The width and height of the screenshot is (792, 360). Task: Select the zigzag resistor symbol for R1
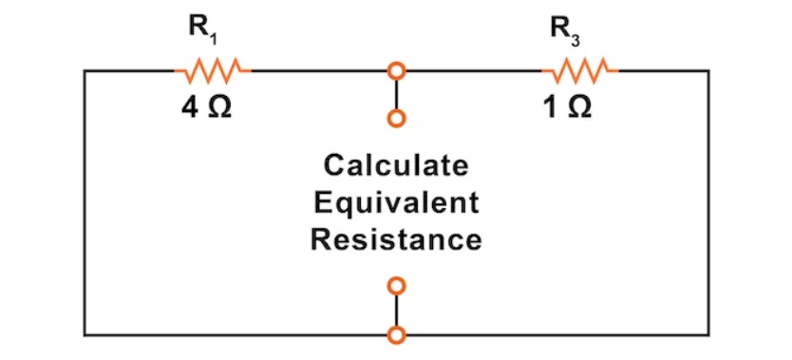[211, 69]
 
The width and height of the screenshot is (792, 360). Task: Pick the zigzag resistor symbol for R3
[579, 69]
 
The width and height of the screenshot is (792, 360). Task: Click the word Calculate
[396, 165]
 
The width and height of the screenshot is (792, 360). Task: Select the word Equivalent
[396, 202]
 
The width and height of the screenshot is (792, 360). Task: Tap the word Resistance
[396, 239]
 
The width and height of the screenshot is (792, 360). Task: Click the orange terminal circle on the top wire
[397, 70]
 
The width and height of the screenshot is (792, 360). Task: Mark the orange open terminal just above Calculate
[397, 119]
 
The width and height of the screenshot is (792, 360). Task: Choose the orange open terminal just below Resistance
[397, 285]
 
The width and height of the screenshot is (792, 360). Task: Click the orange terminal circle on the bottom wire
[397, 334]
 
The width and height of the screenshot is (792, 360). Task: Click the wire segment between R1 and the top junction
[318, 70]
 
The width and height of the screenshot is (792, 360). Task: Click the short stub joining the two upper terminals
[397, 94]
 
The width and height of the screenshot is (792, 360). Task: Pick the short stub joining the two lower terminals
[397, 310]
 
